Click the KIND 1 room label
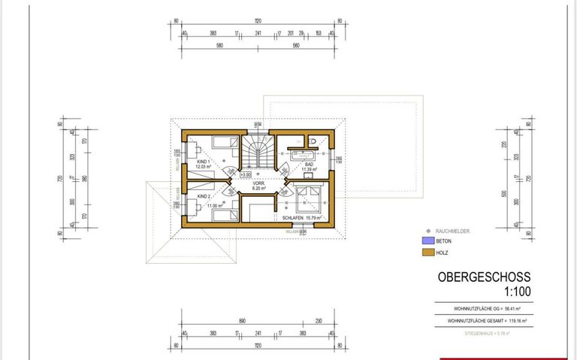click(x=202, y=162)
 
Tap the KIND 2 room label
click(x=202, y=196)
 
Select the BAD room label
click(x=308, y=164)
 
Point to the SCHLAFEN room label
click(x=297, y=218)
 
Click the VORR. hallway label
click(x=259, y=183)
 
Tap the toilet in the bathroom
click(x=311, y=141)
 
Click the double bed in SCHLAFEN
click(x=307, y=199)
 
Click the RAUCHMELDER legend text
click(x=452, y=231)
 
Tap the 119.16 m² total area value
click(x=515, y=320)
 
